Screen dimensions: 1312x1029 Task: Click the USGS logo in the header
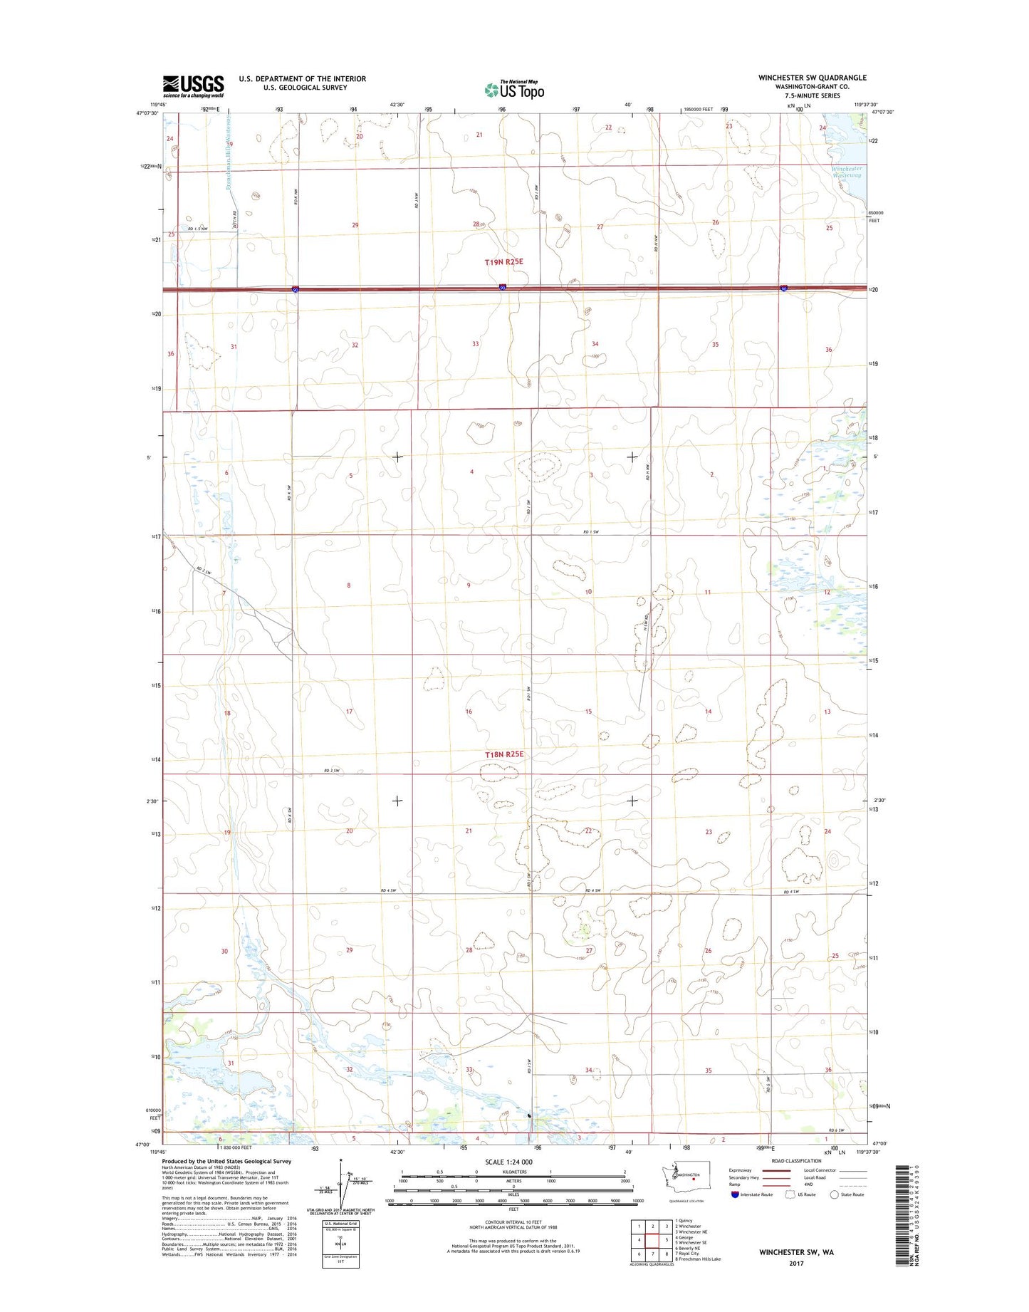(193, 86)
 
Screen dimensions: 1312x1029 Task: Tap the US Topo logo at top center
(514, 90)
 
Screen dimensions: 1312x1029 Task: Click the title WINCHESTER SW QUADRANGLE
(812, 78)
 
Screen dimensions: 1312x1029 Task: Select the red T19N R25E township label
(504, 262)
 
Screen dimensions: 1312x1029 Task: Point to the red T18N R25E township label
(504, 754)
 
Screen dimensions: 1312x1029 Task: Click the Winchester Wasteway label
(847, 172)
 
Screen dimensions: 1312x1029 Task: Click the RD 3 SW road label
(331, 771)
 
